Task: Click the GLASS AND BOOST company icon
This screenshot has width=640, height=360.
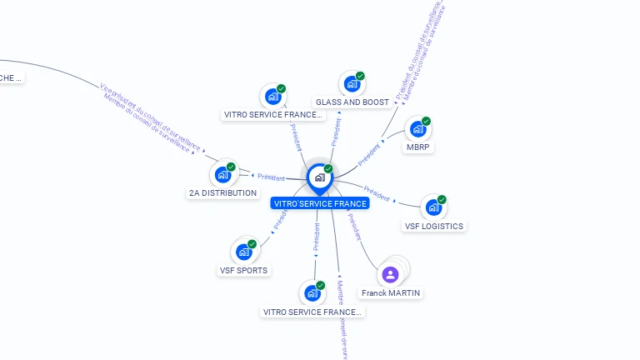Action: pos(352,83)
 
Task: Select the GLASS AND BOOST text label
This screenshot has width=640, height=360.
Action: pos(352,102)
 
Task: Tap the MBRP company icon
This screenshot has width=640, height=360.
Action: pos(417,130)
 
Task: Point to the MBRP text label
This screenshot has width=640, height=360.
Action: pos(419,147)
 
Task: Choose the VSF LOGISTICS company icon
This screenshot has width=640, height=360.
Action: pos(433,207)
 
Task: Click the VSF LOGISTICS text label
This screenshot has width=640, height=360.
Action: pos(433,226)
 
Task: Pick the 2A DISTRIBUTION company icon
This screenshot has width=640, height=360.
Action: pos(222,174)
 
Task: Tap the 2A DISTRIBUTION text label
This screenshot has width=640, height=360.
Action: pos(222,193)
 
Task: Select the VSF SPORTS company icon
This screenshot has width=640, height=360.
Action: pos(243,252)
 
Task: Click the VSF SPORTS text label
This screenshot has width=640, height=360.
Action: pos(243,271)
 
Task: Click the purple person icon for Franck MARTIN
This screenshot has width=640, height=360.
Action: pos(390,274)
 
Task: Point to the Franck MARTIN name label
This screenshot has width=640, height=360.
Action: pos(391,293)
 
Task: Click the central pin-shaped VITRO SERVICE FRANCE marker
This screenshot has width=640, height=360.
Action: pos(319,177)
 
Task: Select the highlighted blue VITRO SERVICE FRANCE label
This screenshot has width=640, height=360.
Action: pos(320,203)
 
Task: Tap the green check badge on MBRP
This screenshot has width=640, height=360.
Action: pos(426,122)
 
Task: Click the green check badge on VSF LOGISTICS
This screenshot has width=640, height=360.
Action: pos(442,200)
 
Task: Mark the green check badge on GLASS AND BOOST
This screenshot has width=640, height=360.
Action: pos(360,76)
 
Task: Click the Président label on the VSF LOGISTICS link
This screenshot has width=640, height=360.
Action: pos(377,195)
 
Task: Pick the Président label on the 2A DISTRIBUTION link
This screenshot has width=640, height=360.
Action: pos(271,177)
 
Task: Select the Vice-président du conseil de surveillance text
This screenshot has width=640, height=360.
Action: pos(151,117)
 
